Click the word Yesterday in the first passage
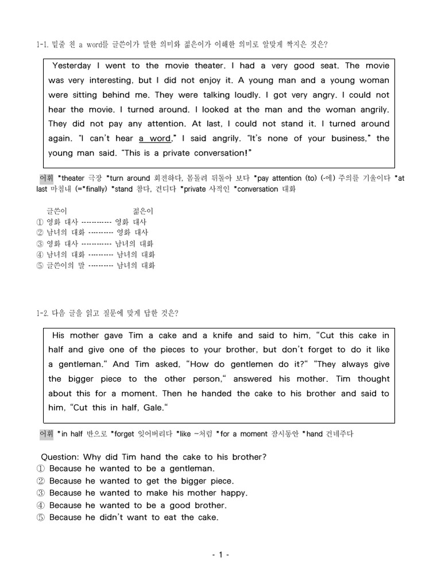click(75, 66)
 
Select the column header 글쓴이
click(57, 211)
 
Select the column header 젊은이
click(143, 211)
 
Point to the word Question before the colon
click(60, 457)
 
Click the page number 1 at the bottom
click(220, 555)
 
